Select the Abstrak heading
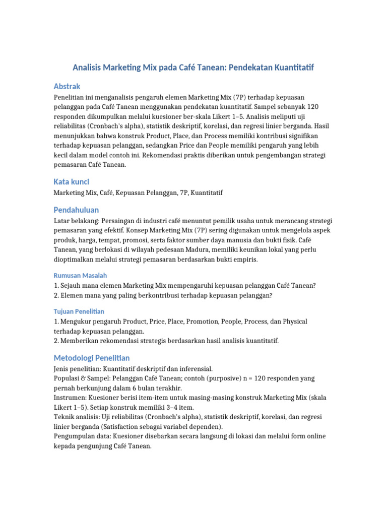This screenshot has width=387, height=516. pos(67,86)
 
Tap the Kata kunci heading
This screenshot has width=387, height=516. pos(72,181)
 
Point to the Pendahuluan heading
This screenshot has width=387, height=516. pos(76,210)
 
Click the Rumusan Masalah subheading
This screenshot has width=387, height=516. pos(80,275)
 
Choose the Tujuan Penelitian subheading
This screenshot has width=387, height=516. pos(79,311)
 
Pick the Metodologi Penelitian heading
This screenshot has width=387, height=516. pos(92,358)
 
